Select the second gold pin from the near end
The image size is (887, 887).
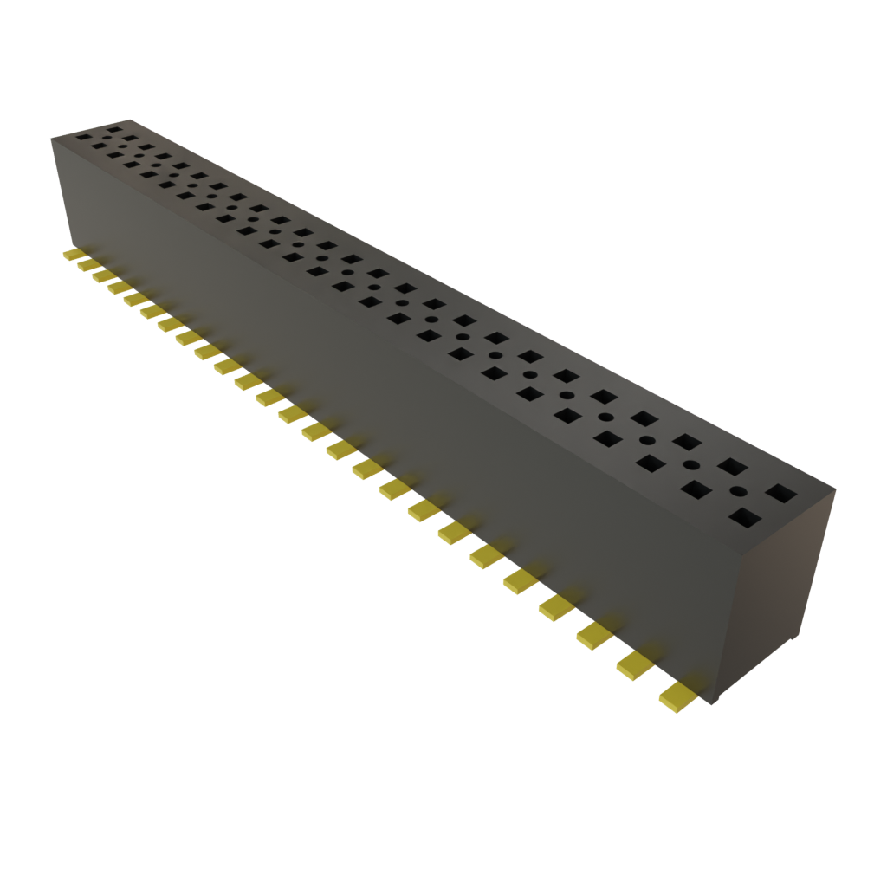[635, 664]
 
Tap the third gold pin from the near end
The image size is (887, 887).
[594, 636]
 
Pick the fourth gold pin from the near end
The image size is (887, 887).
[555, 606]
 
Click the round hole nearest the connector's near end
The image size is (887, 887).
[738, 491]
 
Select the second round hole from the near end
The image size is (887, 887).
[692, 465]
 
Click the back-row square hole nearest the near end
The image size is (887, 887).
[782, 494]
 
